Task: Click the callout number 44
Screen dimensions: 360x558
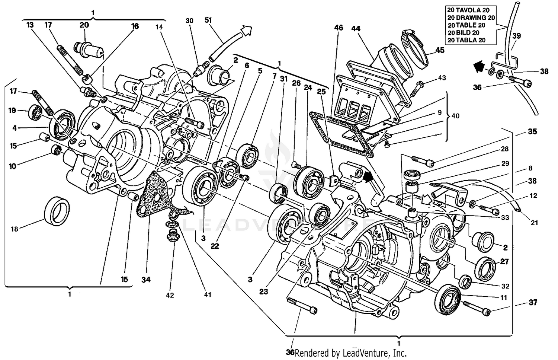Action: point(356,28)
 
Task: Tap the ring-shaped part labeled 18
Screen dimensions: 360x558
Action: point(57,211)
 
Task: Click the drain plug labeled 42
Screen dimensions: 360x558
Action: point(171,235)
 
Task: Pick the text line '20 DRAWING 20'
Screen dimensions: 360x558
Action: point(471,17)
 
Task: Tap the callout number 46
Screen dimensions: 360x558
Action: point(339,28)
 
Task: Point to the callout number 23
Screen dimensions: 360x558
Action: point(263,291)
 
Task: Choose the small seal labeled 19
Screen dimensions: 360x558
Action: point(36,112)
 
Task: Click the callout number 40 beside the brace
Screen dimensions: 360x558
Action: point(455,116)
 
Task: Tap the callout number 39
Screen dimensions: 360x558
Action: point(516,36)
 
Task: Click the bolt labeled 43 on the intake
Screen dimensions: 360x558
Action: point(418,84)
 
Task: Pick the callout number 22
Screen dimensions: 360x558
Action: point(215,246)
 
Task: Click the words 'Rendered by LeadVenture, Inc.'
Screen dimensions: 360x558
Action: point(350,353)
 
